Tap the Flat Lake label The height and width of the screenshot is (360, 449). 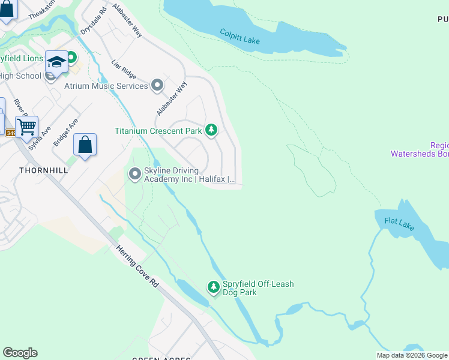399,224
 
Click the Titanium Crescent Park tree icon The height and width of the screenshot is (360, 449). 211,130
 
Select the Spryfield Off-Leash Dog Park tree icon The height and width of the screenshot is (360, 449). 213,288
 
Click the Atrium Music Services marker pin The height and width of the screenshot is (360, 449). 157,86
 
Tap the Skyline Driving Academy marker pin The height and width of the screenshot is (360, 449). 135,175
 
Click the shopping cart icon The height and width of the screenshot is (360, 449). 26,127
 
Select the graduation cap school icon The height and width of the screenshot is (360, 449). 56,62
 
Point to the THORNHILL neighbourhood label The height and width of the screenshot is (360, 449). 43,170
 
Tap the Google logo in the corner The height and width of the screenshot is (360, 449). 20,353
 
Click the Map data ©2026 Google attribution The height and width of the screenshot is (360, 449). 412,355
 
